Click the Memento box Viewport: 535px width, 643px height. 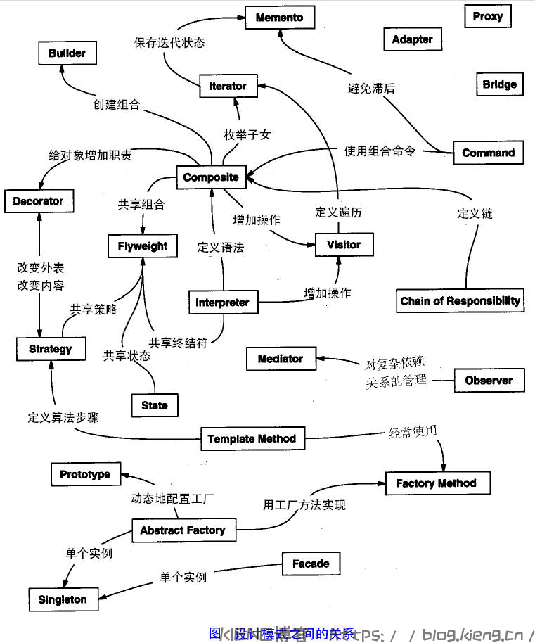pyautogui.click(x=279, y=18)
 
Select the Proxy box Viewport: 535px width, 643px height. pyautogui.click(x=487, y=16)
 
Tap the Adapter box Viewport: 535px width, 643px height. pyautogui.click(x=412, y=39)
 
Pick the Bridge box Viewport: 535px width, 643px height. pyautogui.click(x=499, y=84)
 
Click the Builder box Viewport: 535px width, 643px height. pyautogui.click(x=67, y=53)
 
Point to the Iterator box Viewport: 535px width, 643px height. pyautogui.click(x=228, y=86)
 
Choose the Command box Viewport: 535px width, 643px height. pyautogui.click(x=488, y=153)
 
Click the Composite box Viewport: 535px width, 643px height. pyautogui.click(x=211, y=177)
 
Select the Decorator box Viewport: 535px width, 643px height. pyautogui.click(x=38, y=201)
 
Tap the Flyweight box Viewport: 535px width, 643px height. pyautogui.click(x=143, y=246)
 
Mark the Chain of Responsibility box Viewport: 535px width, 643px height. pyautogui.click(x=460, y=301)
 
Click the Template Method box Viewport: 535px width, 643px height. pyautogui.click(x=252, y=439)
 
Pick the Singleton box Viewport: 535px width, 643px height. pyautogui.click(x=63, y=599)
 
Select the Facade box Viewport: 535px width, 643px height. pyautogui.click(x=311, y=564)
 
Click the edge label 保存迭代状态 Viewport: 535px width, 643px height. pyautogui.click(x=169, y=42)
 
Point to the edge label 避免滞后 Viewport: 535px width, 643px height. pyautogui.click(x=371, y=88)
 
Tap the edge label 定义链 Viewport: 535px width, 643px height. pyautogui.click(x=475, y=213)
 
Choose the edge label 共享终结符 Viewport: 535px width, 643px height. pyautogui.click(x=178, y=343)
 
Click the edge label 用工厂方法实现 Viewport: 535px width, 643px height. pyautogui.click(x=304, y=504)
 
